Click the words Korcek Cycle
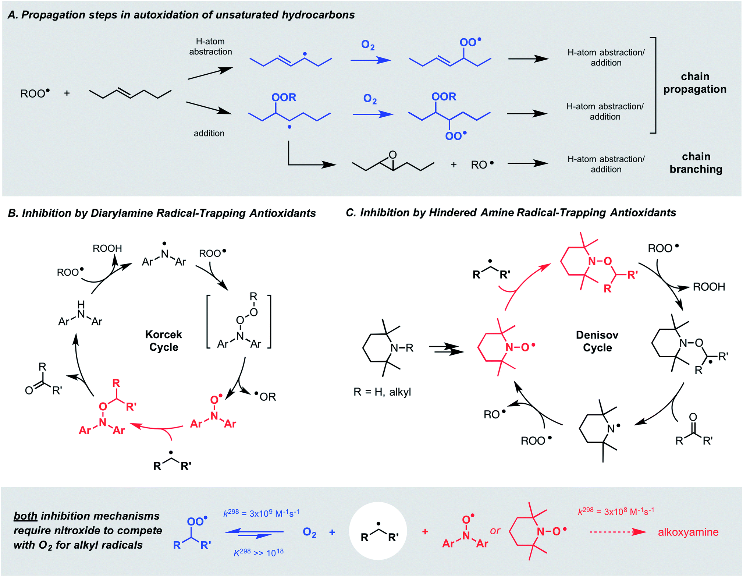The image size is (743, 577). click(x=163, y=341)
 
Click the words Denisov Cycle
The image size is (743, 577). click(x=597, y=341)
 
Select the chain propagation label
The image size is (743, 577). click(x=694, y=83)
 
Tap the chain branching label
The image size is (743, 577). click(x=696, y=163)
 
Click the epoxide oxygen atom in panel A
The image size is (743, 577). click(x=392, y=155)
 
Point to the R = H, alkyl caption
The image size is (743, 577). click(x=382, y=392)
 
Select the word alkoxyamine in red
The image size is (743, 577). click(x=688, y=532)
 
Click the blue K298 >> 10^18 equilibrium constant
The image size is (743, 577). click(x=259, y=553)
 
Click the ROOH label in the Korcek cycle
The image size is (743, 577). click(x=107, y=248)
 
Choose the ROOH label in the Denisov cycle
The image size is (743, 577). click(x=708, y=287)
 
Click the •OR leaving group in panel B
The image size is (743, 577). click(x=265, y=397)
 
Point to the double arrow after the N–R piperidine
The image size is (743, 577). click(x=446, y=349)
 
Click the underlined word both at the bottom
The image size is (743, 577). click(x=25, y=516)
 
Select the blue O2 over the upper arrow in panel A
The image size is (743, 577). click(x=367, y=45)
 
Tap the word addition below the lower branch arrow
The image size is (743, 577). click(x=209, y=133)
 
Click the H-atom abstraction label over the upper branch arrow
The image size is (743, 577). click(x=210, y=46)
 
